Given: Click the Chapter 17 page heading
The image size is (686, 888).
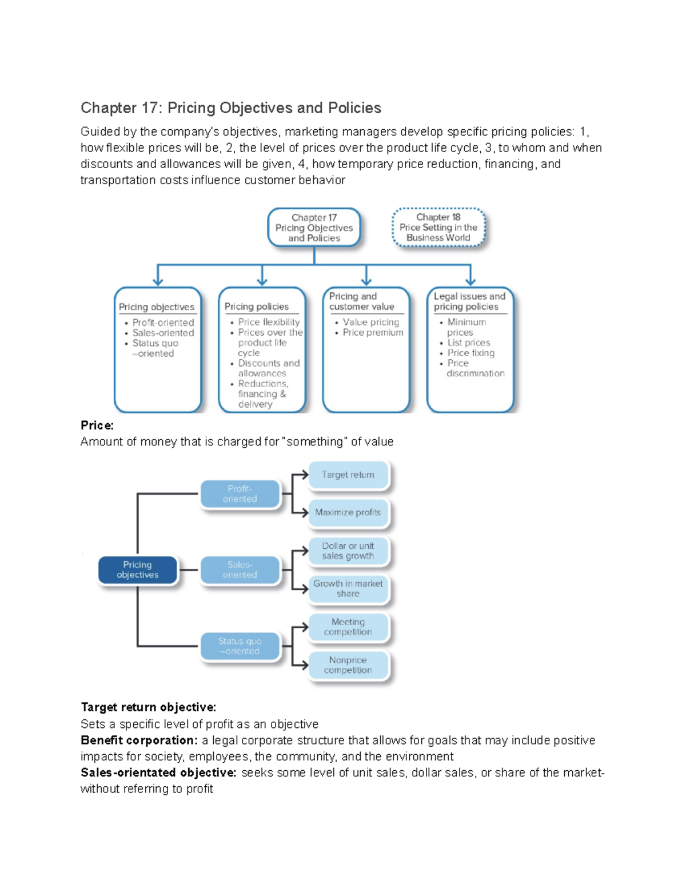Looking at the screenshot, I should point(230,108).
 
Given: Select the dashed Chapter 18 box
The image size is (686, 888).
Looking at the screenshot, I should point(438,228).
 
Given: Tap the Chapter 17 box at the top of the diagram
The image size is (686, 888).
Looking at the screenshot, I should point(314,228).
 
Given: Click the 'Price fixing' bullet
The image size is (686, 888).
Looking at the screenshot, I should point(470,353).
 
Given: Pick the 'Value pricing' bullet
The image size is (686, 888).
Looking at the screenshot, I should point(370,322).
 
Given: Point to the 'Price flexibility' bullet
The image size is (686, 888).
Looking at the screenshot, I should point(269,322).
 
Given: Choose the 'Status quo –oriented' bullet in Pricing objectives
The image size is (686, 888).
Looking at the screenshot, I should point(155,348).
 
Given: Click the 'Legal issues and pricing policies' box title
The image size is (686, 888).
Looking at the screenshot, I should point(469,301).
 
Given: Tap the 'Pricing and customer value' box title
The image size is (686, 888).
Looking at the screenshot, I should point(361,301).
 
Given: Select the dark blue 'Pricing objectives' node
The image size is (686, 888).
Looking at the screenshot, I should point(138,570).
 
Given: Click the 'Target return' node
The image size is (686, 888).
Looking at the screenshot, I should point(348,475).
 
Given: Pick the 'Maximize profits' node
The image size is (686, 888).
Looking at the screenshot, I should point(348,513).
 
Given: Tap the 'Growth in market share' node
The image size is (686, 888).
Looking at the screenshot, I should point(348,589).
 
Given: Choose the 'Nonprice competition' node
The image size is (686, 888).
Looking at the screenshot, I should point(348,665).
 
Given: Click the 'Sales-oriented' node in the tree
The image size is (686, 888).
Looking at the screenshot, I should point(240,570).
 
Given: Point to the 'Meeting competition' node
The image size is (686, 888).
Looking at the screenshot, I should point(348,627).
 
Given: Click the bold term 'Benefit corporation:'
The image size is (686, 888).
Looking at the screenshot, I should point(139,740).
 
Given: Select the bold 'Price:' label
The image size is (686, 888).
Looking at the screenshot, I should point(97,425).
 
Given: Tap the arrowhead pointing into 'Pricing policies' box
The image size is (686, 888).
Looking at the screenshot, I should point(262,281).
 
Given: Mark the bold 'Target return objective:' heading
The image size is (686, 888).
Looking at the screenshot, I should point(149,707).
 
